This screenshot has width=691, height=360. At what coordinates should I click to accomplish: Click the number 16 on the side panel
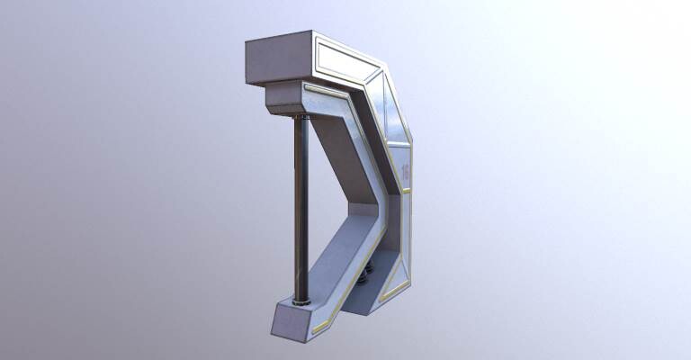point(405,171)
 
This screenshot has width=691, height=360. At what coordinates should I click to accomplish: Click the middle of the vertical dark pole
point(301,207)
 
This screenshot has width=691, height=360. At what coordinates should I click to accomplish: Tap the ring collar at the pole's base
point(301,300)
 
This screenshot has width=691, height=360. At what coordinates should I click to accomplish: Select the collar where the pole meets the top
point(301,114)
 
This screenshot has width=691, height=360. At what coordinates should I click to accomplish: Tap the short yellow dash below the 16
point(406,191)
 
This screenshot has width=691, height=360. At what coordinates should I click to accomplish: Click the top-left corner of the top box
point(247,42)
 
